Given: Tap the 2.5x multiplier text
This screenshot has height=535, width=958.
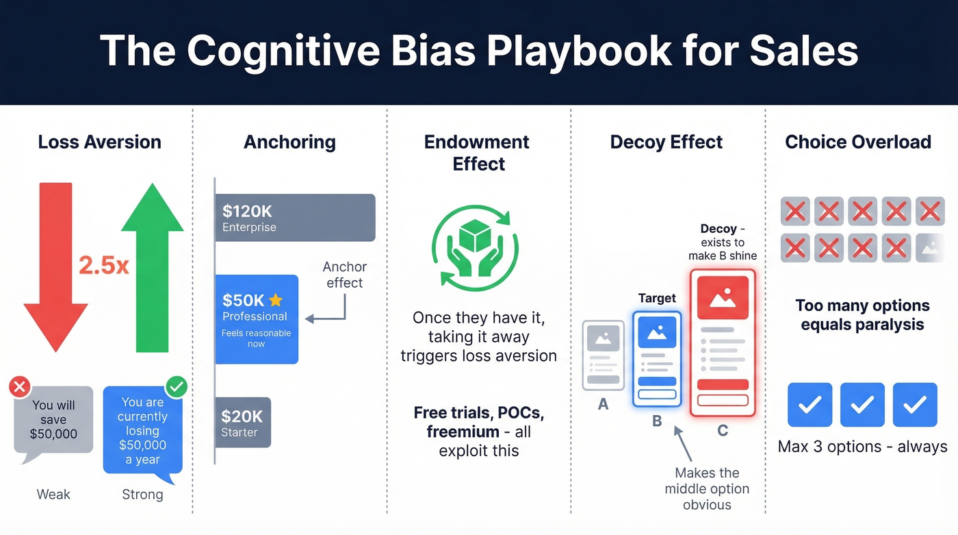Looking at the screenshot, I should [x=104, y=265].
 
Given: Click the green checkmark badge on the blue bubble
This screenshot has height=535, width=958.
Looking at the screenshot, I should [x=177, y=387].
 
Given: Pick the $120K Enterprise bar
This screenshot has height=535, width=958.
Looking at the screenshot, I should [x=295, y=218].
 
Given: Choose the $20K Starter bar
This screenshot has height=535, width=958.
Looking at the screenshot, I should [x=243, y=423].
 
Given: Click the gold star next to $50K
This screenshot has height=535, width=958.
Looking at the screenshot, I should [x=276, y=300].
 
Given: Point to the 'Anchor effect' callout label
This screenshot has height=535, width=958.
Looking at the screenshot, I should [x=344, y=275].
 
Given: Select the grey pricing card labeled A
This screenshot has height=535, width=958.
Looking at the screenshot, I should [x=603, y=356].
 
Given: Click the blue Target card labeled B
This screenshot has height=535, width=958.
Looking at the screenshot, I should [x=657, y=360].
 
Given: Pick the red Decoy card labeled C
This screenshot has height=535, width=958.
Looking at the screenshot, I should [x=723, y=343].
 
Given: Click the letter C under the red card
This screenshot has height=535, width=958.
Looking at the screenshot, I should [x=723, y=431].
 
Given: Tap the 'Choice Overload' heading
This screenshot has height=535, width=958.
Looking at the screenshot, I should [x=857, y=142].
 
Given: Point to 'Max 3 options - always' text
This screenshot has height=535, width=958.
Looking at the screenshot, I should [x=862, y=447].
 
